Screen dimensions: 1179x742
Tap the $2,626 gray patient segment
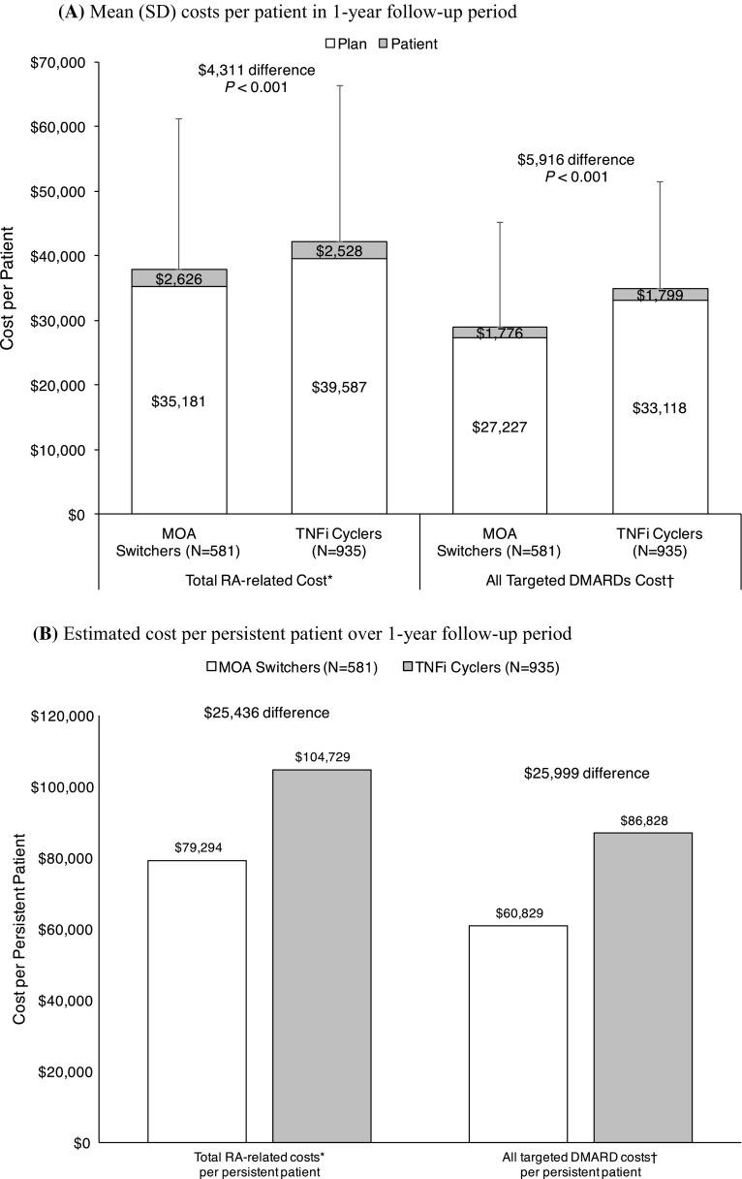click(x=179, y=278)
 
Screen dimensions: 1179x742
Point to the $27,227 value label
click(x=499, y=427)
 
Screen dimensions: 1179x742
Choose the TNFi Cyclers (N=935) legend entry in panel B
click(x=481, y=668)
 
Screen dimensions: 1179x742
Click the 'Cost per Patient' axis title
click(x=10, y=288)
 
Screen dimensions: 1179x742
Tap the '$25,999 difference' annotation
click(x=586, y=773)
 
